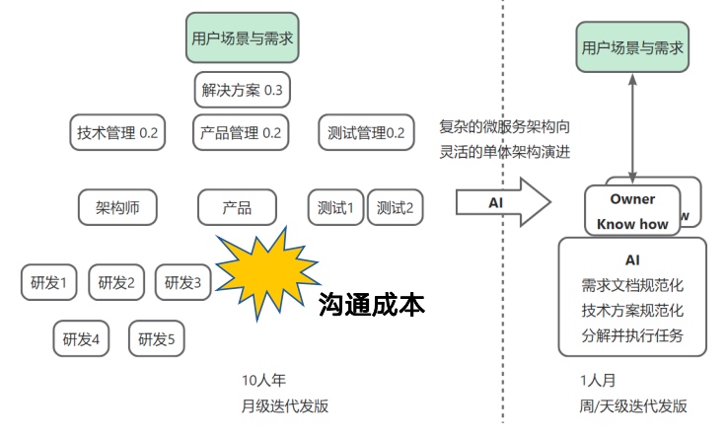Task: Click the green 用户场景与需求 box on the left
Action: point(242,40)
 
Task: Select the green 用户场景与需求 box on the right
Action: point(632,46)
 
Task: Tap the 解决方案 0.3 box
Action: point(242,90)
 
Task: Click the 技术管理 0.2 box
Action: point(117,132)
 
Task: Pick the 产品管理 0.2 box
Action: point(241,132)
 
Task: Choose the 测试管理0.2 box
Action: point(366,132)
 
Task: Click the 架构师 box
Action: point(118,207)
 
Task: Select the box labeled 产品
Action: point(237,207)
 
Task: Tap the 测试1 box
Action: point(335,207)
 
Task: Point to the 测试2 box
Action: point(395,207)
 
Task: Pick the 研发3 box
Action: point(182,283)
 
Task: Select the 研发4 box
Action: point(82,339)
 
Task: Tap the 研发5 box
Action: point(156,339)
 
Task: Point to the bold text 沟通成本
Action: point(372,305)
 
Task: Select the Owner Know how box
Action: point(632,211)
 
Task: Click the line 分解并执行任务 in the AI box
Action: point(632,334)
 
